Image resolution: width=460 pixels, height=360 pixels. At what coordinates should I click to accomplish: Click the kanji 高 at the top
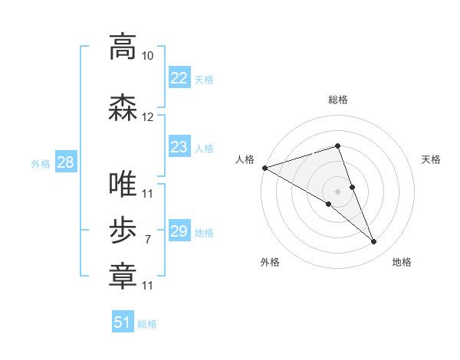pyautogui.click(x=123, y=47)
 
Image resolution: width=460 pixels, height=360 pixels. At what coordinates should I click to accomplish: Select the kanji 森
pyautogui.click(x=123, y=108)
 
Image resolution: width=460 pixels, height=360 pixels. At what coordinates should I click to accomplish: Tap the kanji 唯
pyautogui.click(x=123, y=185)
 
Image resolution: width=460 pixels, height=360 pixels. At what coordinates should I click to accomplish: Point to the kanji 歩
pyautogui.click(x=123, y=231)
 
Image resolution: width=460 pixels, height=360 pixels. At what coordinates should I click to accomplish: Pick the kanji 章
pyautogui.click(x=123, y=277)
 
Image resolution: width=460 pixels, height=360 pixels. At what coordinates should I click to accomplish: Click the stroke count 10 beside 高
pyautogui.click(x=148, y=56)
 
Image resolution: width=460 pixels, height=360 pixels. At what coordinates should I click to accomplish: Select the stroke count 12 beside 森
pyautogui.click(x=148, y=117)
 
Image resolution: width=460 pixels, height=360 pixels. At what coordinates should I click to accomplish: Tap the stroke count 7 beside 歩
pyautogui.click(x=148, y=240)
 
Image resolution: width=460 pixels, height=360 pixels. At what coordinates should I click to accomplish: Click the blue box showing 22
pyautogui.click(x=179, y=78)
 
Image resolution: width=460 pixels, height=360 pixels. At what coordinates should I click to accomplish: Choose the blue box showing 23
pyautogui.click(x=179, y=147)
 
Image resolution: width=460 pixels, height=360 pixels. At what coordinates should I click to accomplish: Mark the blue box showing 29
pyautogui.click(x=179, y=231)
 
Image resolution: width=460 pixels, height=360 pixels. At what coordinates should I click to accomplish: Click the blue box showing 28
pyautogui.click(x=65, y=162)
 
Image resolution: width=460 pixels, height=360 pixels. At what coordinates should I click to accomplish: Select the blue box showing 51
pyautogui.click(x=123, y=322)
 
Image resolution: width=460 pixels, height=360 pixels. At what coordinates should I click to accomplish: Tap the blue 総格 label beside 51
pyautogui.click(x=147, y=324)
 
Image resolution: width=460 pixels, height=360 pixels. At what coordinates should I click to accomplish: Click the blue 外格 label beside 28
pyautogui.click(x=41, y=163)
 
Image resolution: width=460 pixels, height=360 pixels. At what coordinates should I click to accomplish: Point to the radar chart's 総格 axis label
pyautogui.click(x=338, y=100)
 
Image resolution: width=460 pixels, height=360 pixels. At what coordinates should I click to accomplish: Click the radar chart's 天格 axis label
pyautogui.click(x=432, y=159)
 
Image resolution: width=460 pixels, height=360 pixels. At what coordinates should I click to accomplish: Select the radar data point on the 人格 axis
pyautogui.click(x=264, y=168)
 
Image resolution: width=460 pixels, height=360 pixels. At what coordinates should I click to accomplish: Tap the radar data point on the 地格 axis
pyautogui.click(x=374, y=242)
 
